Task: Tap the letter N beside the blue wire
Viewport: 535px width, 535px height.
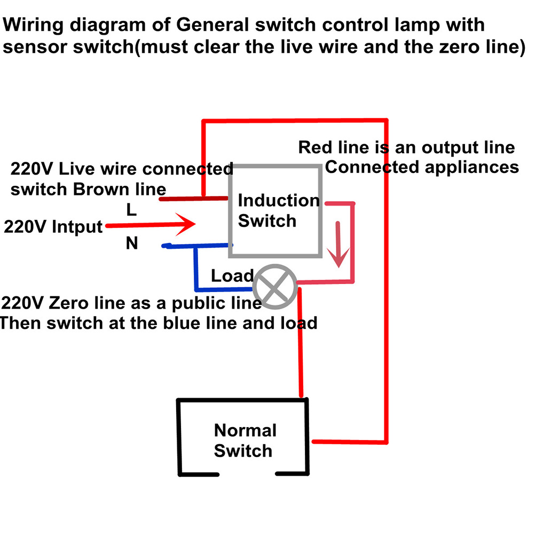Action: tap(132, 243)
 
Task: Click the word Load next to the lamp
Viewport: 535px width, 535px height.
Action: tap(232, 276)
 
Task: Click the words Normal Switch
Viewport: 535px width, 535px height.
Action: tap(245, 440)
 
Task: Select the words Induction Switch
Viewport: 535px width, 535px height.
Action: tap(278, 210)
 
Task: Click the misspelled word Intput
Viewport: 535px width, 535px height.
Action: tap(77, 227)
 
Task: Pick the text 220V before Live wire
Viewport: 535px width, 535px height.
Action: tap(32, 170)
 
